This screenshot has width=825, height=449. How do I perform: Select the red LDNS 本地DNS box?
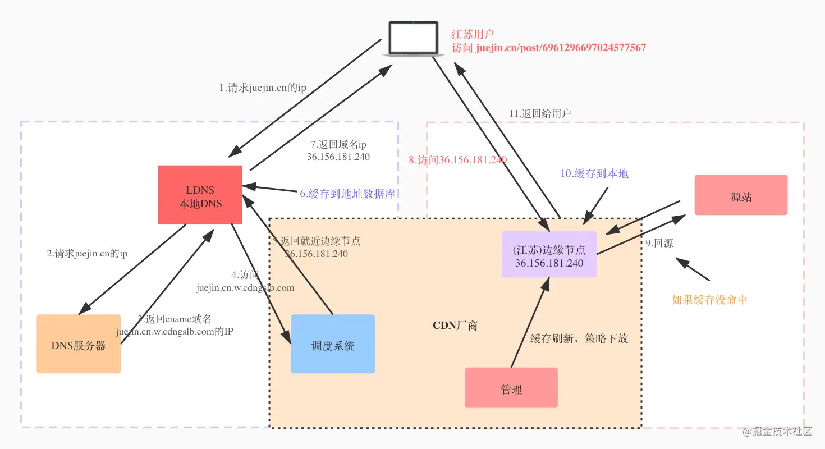pyautogui.click(x=200, y=195)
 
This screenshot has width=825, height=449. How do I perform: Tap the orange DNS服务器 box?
pyautogui.click(x=79, y=344)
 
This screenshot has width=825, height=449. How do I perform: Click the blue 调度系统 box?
pyautogui.click(x=333, y=344)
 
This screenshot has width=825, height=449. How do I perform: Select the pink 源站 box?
pyautogui.click(x=741, y=195)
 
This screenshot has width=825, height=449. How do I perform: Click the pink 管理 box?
pyautogui.click(x=511, y=388)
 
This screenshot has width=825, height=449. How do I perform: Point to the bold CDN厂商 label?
pyautogui.click(x=455, y=326)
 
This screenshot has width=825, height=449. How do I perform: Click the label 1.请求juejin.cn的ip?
pyautogui.click(x=263, y=88)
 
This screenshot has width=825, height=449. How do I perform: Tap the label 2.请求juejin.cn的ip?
pyautogui.click(x=87, y=253)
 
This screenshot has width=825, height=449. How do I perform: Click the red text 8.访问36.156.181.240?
pyautogui.click(x=457, y=160)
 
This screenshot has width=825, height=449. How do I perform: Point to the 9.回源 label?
pyautogui.click(x=659, y=244)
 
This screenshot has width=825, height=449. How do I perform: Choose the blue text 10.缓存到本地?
pyautogui.click(x=594, y=173)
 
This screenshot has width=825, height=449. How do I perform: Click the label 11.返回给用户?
pyautogui.click(x=540, y=113)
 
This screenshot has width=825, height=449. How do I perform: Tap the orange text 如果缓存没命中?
pyautogui.click(x=709, y=300)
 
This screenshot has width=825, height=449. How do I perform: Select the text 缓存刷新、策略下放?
pyautogui.click(x=579, y=339)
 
